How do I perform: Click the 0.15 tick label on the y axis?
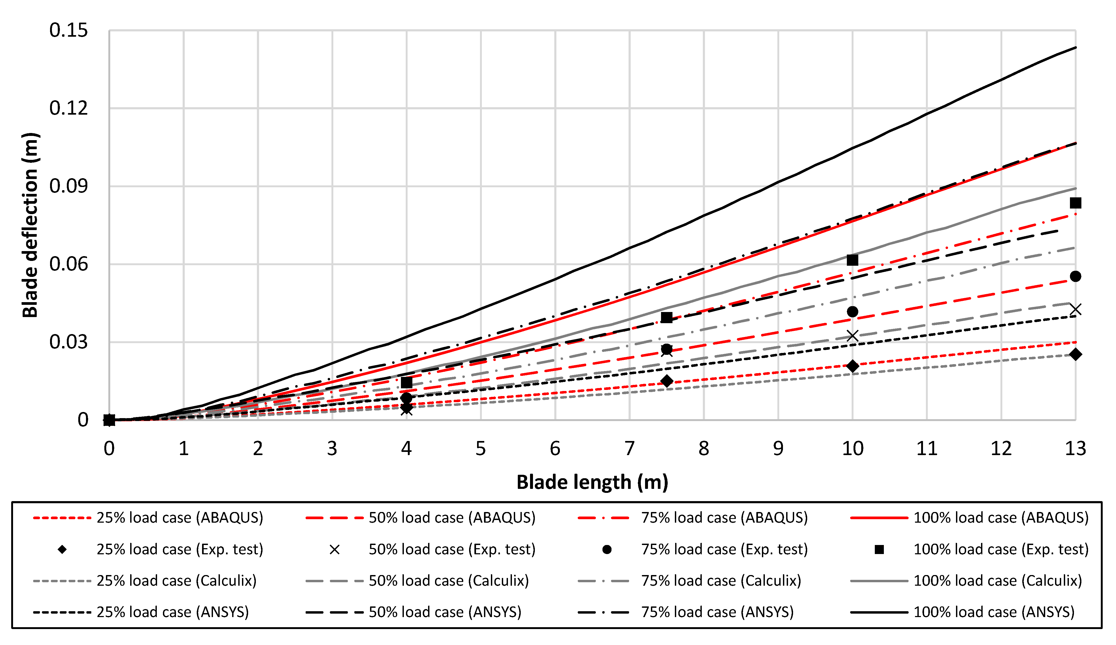pos(69,31)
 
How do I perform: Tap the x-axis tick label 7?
pos(629,449)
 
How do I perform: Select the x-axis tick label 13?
pos(1075,449)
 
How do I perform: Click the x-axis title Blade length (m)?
pos(592,482)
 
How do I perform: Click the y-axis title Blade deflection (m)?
pos(30,225)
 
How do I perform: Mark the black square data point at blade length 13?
pos(1075,203)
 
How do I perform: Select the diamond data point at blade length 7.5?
pos(667,381)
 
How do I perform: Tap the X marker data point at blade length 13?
pos(1075,309)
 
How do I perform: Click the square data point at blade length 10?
pos(852,260)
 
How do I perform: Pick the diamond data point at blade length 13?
pos(1075,354)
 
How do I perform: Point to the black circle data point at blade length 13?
pos(1075,277)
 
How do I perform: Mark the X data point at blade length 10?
pos(852,336)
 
